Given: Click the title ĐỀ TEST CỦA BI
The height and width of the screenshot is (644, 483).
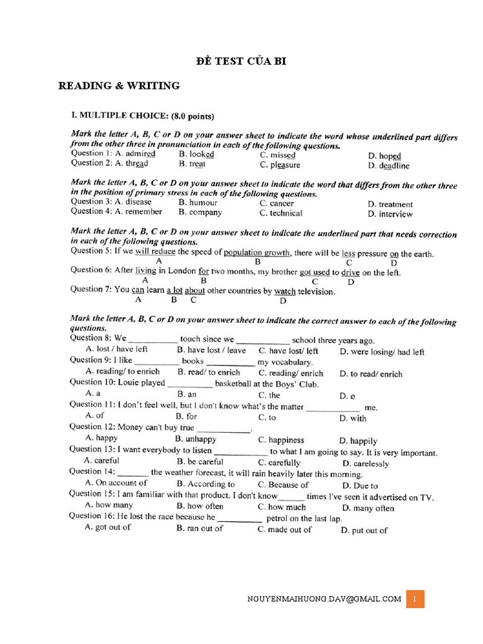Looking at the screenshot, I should click(x=242, y=61).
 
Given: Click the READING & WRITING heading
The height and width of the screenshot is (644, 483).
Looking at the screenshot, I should click(x=119, y=86).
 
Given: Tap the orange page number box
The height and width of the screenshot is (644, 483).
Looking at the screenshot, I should click(x=415, y=599).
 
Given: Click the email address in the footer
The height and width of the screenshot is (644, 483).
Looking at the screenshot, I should click(x=325, y=599).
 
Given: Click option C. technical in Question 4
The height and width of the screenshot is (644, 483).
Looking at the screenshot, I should click(x=280, y=213).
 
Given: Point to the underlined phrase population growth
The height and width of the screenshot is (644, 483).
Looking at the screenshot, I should click(x=257, y=253).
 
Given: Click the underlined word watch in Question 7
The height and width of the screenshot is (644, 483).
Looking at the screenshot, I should click(x=285, y=292).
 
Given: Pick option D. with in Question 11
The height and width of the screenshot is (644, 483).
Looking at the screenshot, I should click(x=352, y=418).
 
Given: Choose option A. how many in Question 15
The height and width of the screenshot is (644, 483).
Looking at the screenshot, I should click(x=109, y=505).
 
